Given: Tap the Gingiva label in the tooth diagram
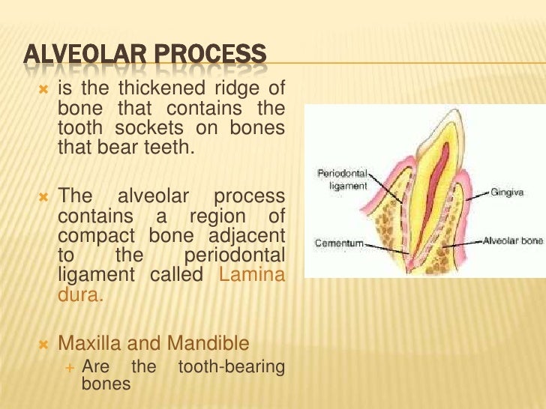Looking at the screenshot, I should click(508, 193).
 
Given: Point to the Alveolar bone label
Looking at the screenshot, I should click(511, 242).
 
